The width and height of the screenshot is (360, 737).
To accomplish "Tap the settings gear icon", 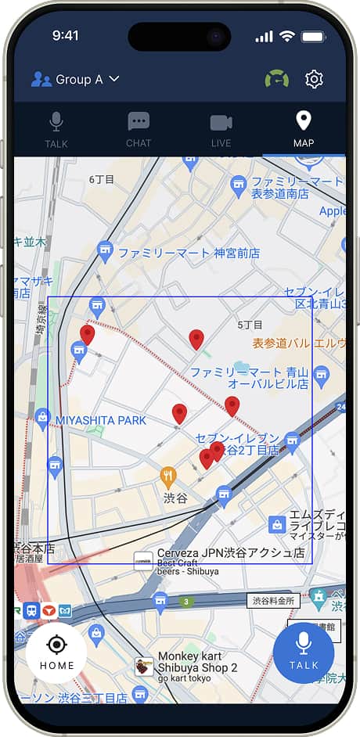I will point(314,79).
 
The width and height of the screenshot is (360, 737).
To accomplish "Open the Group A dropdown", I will point(75,79).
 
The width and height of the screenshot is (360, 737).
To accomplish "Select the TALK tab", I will point(56,129).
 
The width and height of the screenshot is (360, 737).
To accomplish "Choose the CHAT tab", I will point(139,129).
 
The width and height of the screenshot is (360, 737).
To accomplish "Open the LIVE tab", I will point(221,129).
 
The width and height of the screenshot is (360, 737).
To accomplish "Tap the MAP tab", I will point(304,129).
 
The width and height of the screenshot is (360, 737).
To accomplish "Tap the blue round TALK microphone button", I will point(304,653).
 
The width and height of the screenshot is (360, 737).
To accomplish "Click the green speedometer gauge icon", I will point(276,79).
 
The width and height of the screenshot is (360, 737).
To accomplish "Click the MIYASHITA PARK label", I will point(101,421).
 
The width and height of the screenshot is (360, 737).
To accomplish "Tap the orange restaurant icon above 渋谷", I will point(168,475).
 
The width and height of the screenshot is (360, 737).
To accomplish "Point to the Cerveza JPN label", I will point(230,552).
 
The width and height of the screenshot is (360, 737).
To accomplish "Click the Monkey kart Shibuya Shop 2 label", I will point(197,662).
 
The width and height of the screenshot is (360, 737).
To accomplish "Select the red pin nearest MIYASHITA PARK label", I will point(179,412).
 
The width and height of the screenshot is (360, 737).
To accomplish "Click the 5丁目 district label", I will point(250,324).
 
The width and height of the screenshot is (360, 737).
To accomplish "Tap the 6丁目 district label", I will point(102,179).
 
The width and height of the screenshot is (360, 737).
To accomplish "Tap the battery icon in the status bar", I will point(314,36).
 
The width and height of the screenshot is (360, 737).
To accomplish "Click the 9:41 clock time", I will point(66,36).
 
